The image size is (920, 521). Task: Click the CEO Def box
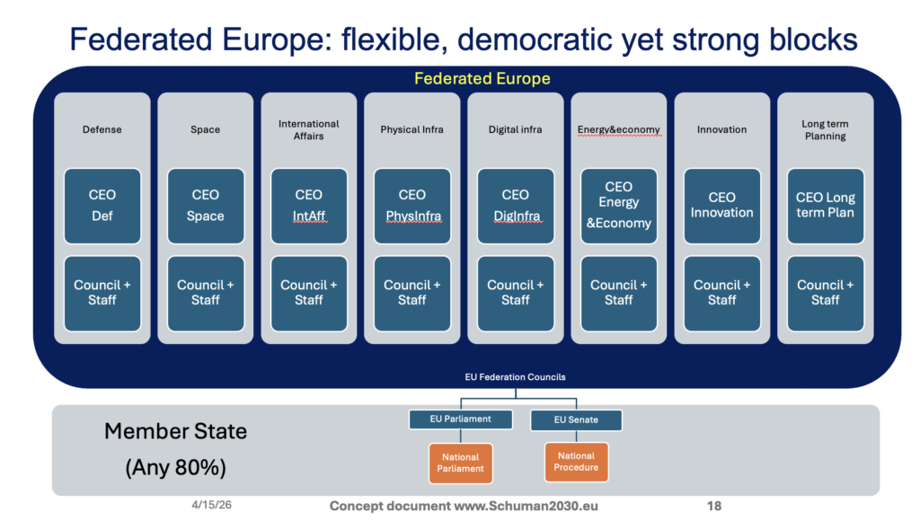pos(102,206)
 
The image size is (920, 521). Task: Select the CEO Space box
pos(206,206)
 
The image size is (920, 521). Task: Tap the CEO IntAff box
pos(309,206)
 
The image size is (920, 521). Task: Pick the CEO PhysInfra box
pos(411,206)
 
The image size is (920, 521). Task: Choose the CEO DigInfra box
pos(515,206)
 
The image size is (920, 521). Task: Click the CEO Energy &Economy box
pos(618,206)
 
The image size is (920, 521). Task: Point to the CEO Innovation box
pos(721,206)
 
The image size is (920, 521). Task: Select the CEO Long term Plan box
pos(825,206)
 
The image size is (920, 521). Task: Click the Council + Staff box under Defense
pos(102,294)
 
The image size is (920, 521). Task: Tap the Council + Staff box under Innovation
pos(721,294)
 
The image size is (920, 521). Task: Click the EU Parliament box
pos(461,419)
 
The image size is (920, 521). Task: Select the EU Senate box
pos(576,420)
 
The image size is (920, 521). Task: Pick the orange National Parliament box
pos(461,463)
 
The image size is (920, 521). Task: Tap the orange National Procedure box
pos(576,462)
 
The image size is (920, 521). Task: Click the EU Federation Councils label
pos(515,377)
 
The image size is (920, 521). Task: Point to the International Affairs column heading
pos(309,129)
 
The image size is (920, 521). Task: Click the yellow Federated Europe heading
pos(482,79)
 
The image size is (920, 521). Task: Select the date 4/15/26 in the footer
pos(211,505)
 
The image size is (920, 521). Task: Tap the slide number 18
pos(714,506)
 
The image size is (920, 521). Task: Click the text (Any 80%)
pos(175,468)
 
